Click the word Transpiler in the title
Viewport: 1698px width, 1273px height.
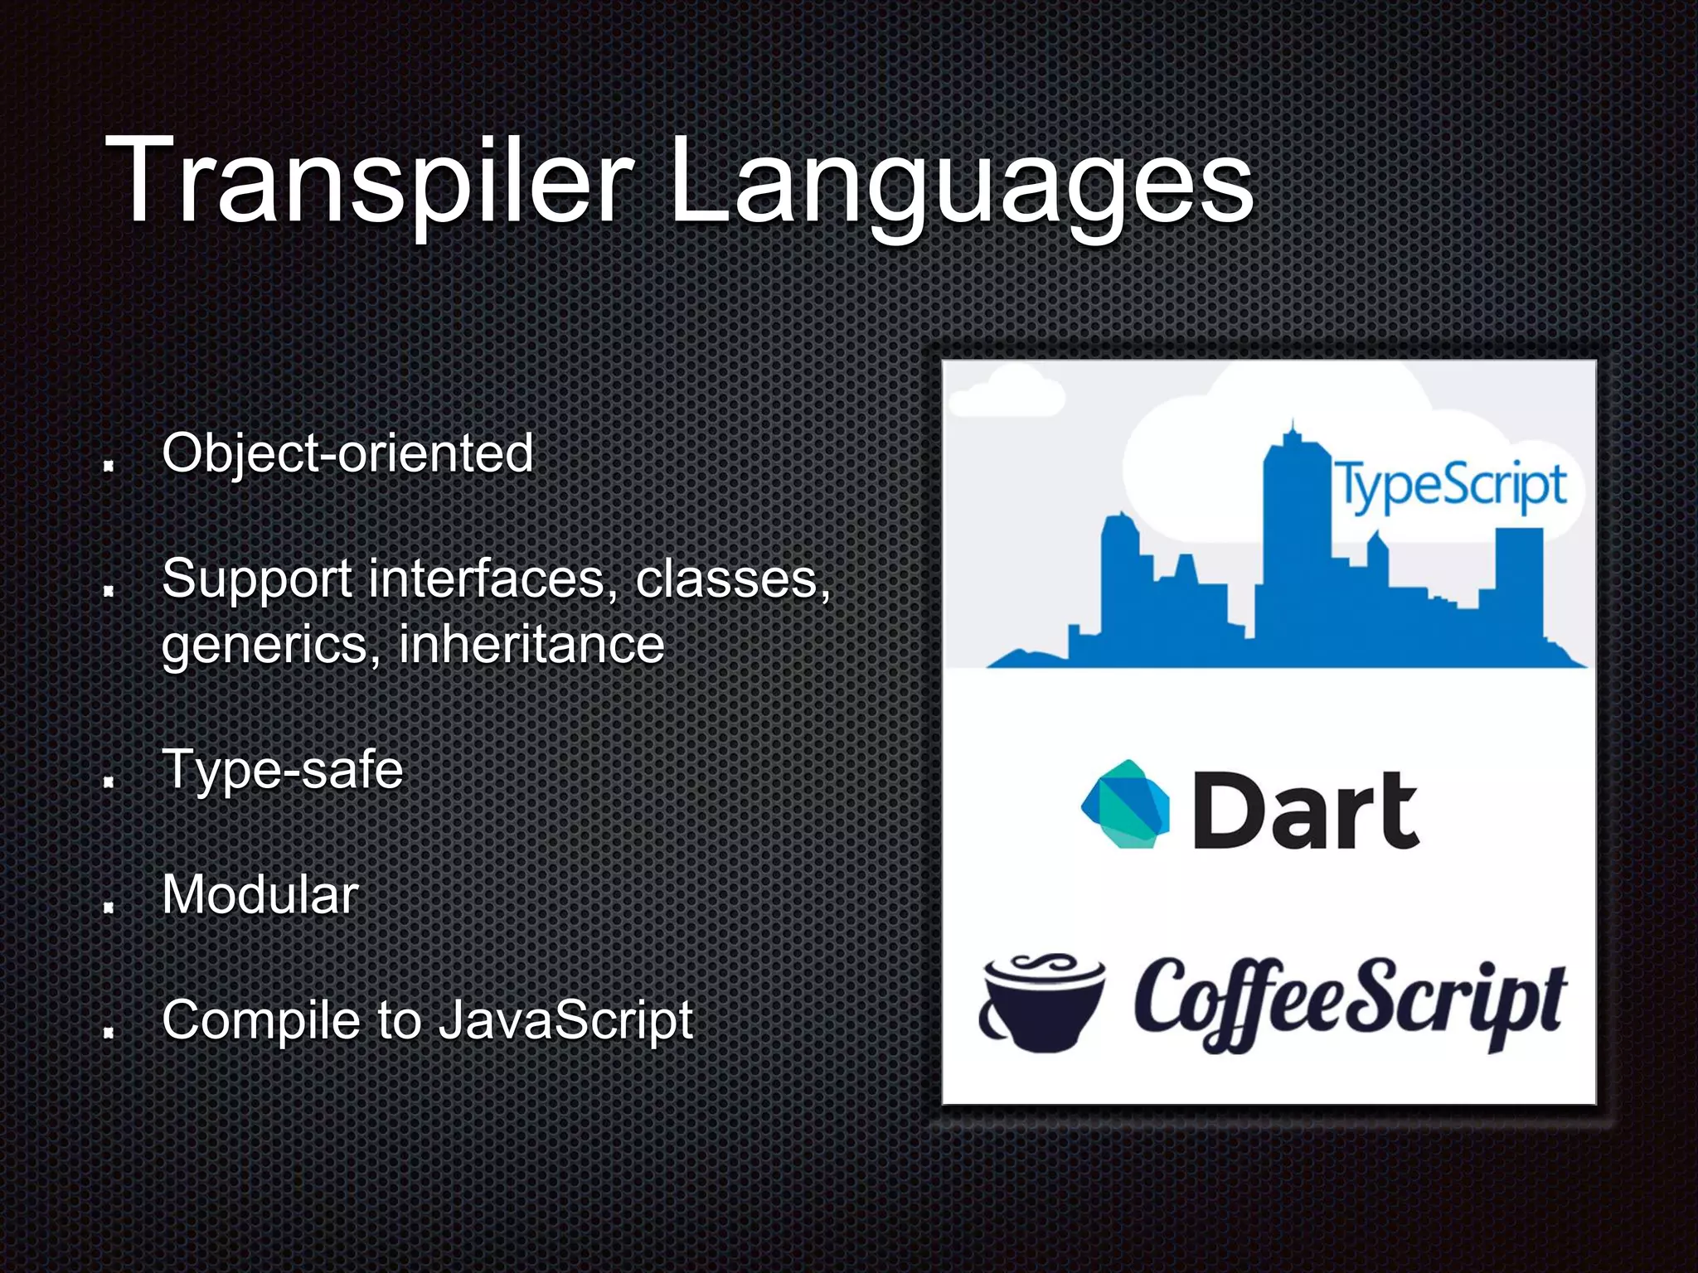point(369,181)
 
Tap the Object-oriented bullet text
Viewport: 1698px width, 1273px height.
point(347,453)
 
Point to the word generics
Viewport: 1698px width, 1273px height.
point(264,645)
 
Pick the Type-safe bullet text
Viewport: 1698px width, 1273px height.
point(282,770)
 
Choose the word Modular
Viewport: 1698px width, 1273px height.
point(260,895)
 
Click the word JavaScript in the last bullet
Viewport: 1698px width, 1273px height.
point(565,1020)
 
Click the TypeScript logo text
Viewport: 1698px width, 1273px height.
point(1449,486)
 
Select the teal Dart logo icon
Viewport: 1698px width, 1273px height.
point(1125,805)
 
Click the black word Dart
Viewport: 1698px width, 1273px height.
point(1305,810)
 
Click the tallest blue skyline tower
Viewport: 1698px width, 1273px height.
point(1293,539)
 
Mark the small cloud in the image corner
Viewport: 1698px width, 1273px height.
point(1006,394)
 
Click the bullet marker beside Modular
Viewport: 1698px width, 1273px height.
point(108,908)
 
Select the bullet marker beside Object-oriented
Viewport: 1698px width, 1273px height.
point(108,466)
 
